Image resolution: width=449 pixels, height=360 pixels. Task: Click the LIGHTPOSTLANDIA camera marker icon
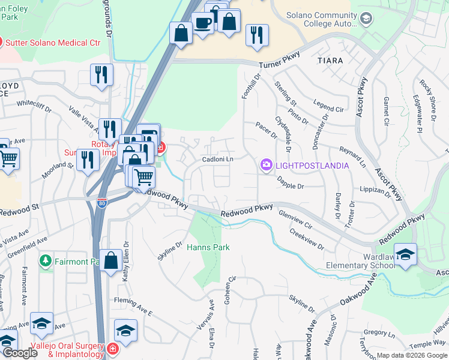click(x=266, y=164)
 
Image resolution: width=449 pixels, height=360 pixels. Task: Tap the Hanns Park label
click(x=208, y=247)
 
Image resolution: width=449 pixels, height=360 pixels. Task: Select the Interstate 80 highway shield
click(x=101, y=203)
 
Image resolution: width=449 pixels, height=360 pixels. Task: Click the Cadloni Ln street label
click(x=217, y=159)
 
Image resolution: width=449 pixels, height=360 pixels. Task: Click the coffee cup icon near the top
click(x=202, y=22)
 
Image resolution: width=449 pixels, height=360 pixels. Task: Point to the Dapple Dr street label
click(x=291, y=187)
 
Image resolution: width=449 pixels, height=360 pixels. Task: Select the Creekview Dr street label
click(x=306, y=239)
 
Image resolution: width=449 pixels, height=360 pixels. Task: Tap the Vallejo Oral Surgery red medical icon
click(x=112, y=349)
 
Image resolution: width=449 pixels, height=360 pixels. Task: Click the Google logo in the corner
click(x=19, y=353)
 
